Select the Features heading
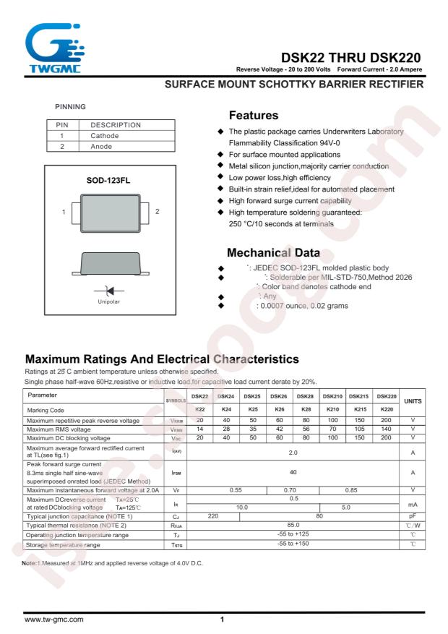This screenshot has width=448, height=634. (254, 116)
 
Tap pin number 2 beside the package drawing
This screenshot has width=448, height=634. (157, 212)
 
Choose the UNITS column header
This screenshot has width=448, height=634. (413, 400)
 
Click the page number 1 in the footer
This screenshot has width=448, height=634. (223, 620)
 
